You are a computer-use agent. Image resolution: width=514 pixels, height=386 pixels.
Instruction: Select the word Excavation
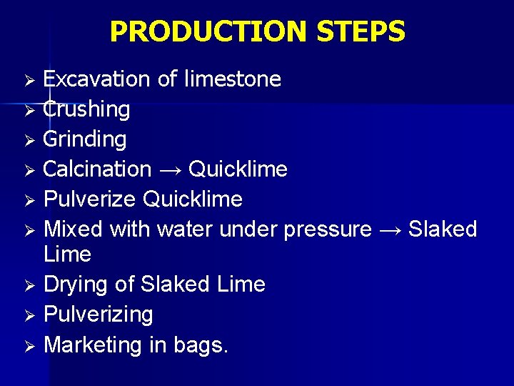pos(97,79)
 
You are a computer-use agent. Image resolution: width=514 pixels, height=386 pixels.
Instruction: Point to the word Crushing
pos(86,109)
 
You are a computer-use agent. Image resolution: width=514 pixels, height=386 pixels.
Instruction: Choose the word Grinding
pos(85,139)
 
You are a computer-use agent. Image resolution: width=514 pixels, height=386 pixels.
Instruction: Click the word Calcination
pos(97,169)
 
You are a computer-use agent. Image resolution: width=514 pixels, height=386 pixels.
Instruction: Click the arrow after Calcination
pos(170,170)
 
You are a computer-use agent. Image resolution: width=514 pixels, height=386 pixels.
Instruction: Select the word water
pos(185,229)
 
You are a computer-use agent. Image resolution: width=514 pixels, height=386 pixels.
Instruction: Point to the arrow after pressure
pos(390,230)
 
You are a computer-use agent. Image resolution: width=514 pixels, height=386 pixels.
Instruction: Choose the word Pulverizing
pos(99,315)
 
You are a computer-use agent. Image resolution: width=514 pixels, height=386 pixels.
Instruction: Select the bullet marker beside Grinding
pos(29,140)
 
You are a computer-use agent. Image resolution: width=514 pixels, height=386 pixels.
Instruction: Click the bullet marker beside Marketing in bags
pos(29,346)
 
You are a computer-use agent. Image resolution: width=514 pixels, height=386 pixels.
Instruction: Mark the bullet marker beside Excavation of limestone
pos(29,79)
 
